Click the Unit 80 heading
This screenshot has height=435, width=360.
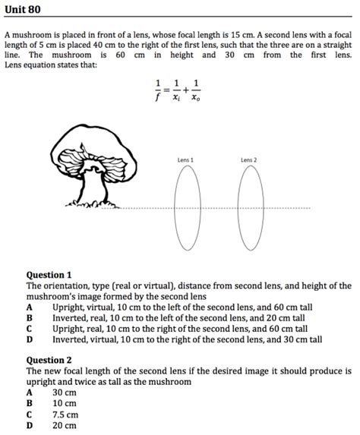point(23,9)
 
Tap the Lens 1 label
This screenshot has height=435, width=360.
point(185,160)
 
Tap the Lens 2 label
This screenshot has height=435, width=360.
point(249,160)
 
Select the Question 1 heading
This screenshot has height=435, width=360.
point(49,275)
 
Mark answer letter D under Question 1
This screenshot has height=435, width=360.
point(29,341)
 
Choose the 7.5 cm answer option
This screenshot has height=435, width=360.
point(65,415)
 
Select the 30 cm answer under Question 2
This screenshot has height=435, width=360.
point(65,392)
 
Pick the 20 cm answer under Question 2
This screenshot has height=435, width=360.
point(65,426)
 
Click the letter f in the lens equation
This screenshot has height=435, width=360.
point(159,96)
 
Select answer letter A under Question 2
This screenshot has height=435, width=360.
point(29,392)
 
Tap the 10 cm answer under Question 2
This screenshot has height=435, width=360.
point(65,404)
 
